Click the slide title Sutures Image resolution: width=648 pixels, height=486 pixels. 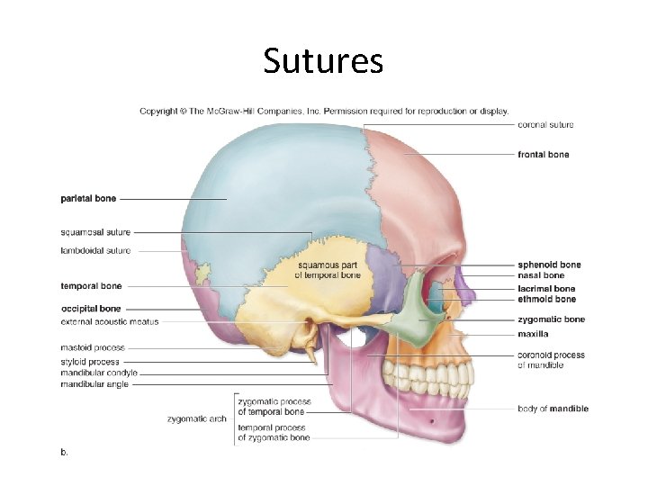pos(323,61)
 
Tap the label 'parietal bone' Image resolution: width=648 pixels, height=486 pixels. pos(88,198)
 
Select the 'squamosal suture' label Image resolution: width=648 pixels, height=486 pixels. pos(95,232)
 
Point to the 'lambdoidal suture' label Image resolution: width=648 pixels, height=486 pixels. pos(95,250)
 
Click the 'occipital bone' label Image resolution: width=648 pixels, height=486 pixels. pos(91,309)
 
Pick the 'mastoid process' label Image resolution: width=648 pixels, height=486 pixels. pos(93,347)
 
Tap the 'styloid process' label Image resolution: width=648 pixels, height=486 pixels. pos(90,362)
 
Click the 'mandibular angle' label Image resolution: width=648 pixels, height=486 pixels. pos(94,384)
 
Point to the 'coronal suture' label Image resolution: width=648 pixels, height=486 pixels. pos(545,125)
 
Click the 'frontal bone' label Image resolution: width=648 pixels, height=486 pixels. pos(544,155)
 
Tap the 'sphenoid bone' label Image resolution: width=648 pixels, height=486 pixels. pos(549,265)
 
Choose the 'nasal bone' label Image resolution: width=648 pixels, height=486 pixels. pos(541,275)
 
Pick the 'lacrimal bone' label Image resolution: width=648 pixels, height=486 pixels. pos(546,289)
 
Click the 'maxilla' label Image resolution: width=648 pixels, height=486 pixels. pos(534,334)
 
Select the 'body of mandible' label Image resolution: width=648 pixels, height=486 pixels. pos(553,409)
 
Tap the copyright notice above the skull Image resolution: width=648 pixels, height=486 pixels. pos(324,112)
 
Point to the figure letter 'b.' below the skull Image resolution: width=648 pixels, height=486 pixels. pos(65,452)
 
